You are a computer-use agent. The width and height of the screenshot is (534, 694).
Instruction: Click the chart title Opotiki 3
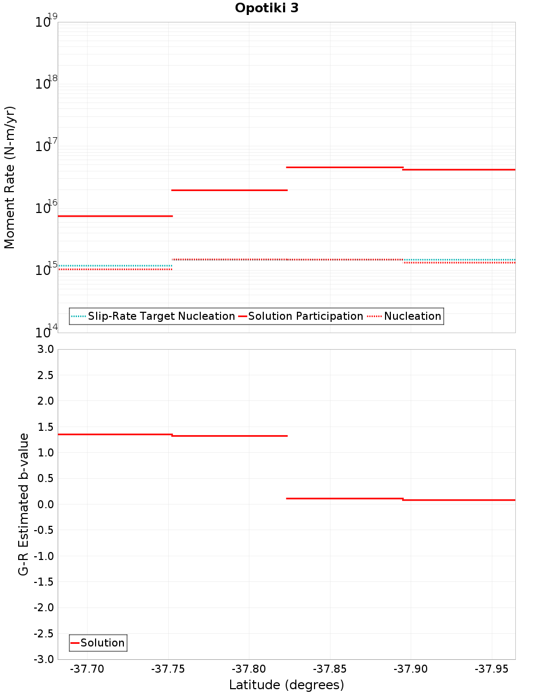[x=266, y=8]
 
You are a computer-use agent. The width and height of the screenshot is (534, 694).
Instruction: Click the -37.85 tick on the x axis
[x=330, y=669]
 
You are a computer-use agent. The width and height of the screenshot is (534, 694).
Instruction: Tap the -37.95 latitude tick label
[x=492, y=669]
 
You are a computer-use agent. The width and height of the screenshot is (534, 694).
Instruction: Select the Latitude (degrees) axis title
[x=286, y=685]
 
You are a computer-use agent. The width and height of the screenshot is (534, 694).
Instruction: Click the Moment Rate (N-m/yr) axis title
[x=10, y=177]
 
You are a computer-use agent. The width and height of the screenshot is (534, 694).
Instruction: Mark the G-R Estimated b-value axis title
[x=23, y=504]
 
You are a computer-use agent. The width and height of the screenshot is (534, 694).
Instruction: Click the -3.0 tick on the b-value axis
[x=44, y=659]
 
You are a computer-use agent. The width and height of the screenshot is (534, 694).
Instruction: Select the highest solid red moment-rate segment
[x=344, y=167]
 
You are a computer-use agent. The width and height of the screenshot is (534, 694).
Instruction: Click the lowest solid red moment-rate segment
[x=115, y=216]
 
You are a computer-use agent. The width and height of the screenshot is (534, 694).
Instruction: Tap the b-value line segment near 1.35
[x=115, y=435]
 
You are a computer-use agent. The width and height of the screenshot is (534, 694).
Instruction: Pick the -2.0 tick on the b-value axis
[x=44, y=608]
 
